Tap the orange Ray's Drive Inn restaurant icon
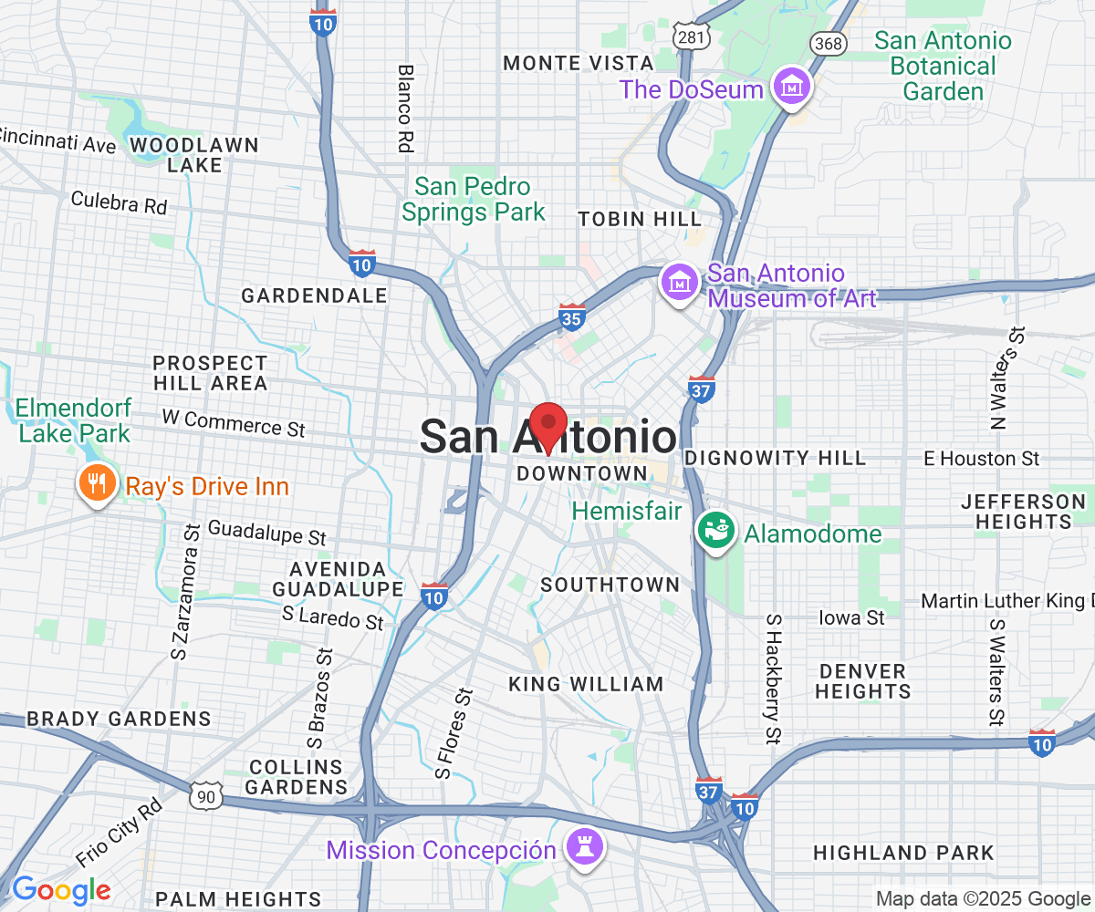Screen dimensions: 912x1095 tap(95, 483)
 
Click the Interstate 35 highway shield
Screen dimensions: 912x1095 tap(572, 316)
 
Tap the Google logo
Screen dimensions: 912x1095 tap(60, 889)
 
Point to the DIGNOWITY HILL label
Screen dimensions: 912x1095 tap(775, 458)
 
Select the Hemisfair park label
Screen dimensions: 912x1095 tap(627, 511)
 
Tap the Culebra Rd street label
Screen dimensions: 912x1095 tap(119, 202)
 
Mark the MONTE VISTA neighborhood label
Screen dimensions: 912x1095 tap(579, 63)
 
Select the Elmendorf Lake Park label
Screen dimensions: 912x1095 tap(75, 420)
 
